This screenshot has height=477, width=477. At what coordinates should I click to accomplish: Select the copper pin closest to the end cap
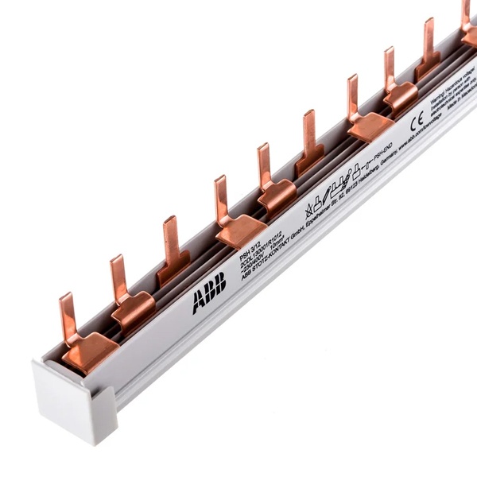click(68, 314)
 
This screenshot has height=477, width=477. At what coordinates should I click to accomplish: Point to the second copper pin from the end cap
click(118, 278)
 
